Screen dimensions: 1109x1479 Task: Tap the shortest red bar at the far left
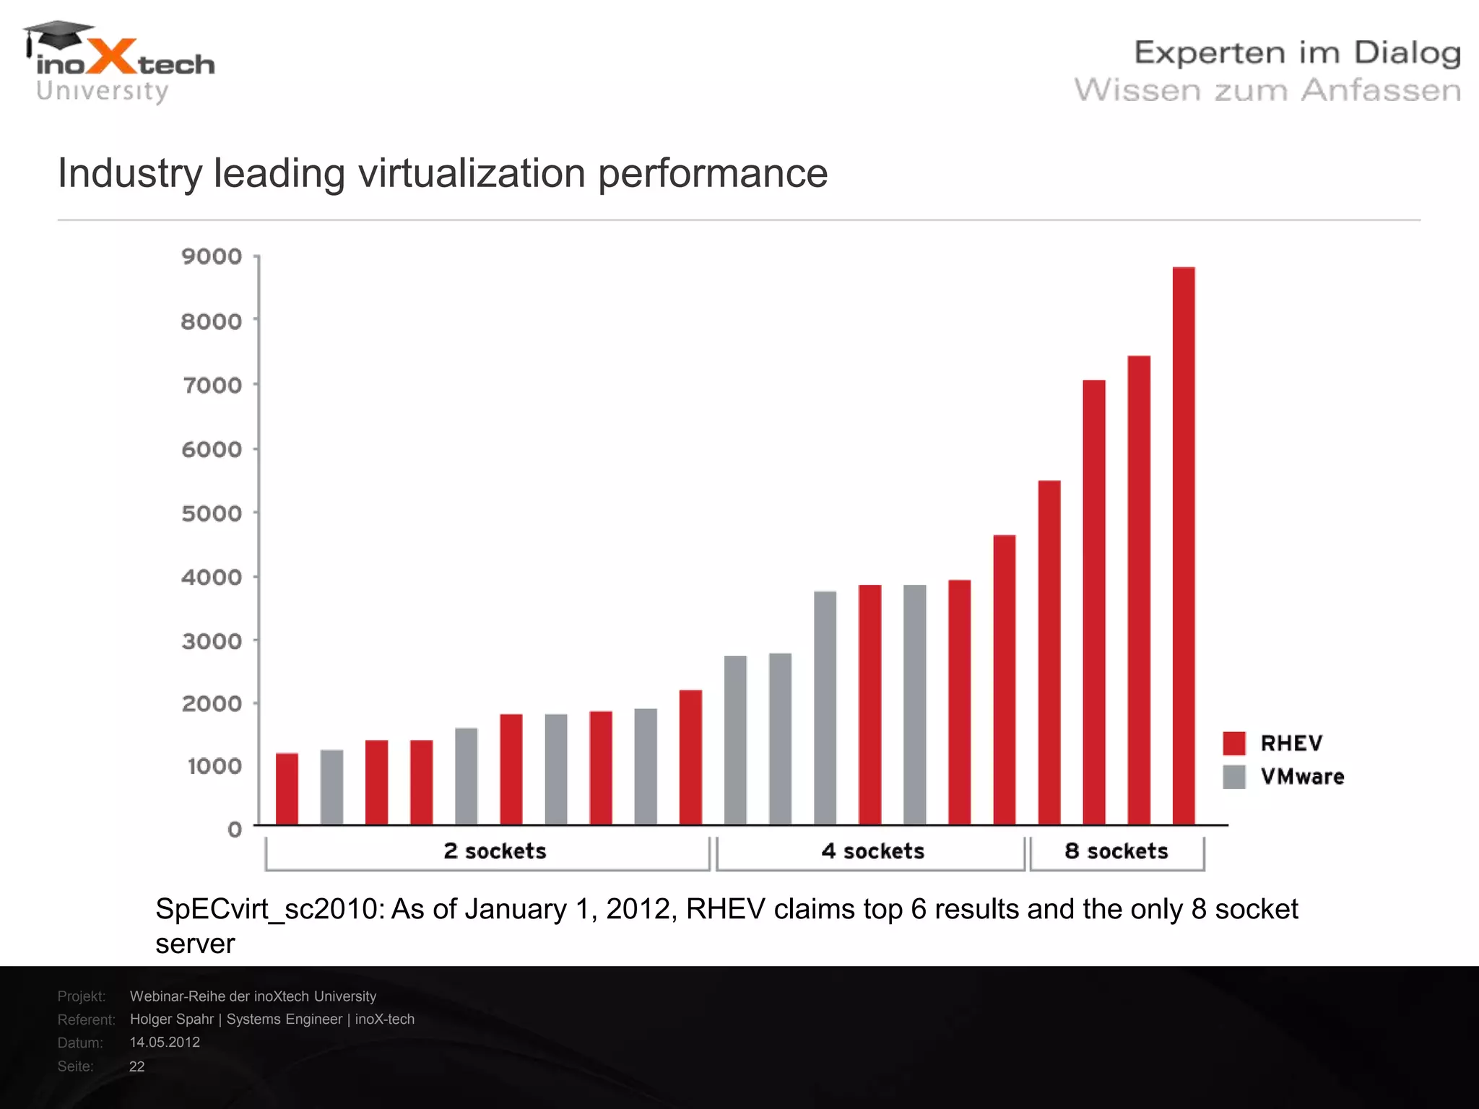(x=287, y=788)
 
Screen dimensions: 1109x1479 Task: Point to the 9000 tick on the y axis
(x=212, y=256)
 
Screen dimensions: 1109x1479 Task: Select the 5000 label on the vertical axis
(x=212, y=513)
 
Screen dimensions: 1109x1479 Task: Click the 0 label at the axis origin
(x=235, y=829)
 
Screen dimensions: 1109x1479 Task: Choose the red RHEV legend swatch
(x=1234, y=743)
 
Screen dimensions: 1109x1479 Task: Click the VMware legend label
(x=1302, y=777)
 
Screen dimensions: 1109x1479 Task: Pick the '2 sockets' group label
(x=495, y=851)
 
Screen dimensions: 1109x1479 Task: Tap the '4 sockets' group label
(x=872, y=851)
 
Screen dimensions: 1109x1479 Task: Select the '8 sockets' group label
(x=1116, y=851)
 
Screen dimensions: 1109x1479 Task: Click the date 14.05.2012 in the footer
(x=165, y=1042)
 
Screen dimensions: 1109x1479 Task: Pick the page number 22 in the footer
(x=136, y=1066)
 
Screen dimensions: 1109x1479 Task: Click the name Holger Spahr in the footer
(x=172, y=1019)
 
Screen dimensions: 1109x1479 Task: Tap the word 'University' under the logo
(x=102, y=92)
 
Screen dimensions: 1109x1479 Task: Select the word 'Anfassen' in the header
(x=1381, y=91)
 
